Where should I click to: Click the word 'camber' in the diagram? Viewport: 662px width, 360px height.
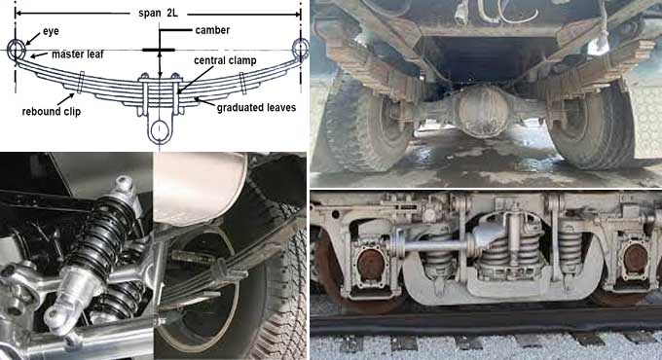coord(211,30)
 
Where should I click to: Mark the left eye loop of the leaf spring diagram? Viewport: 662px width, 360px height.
coord(17,49)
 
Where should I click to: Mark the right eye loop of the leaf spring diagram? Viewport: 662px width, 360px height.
coord(299,48)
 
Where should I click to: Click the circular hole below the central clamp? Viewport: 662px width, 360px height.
coord(159,130)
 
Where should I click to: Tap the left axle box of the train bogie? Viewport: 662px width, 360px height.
coord(368,266)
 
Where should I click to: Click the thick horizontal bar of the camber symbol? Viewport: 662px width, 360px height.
coord(159,50)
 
